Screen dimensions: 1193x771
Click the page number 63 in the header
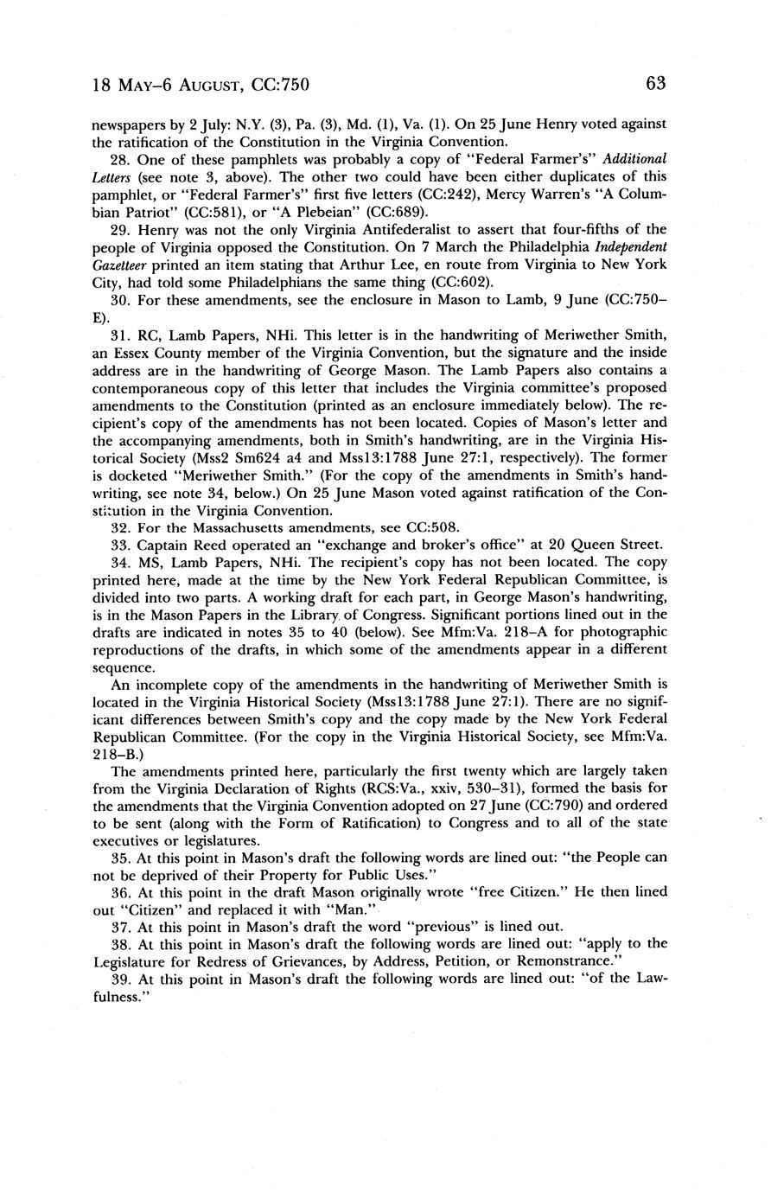[655, 84]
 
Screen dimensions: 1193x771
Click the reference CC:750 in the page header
[281, 85]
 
